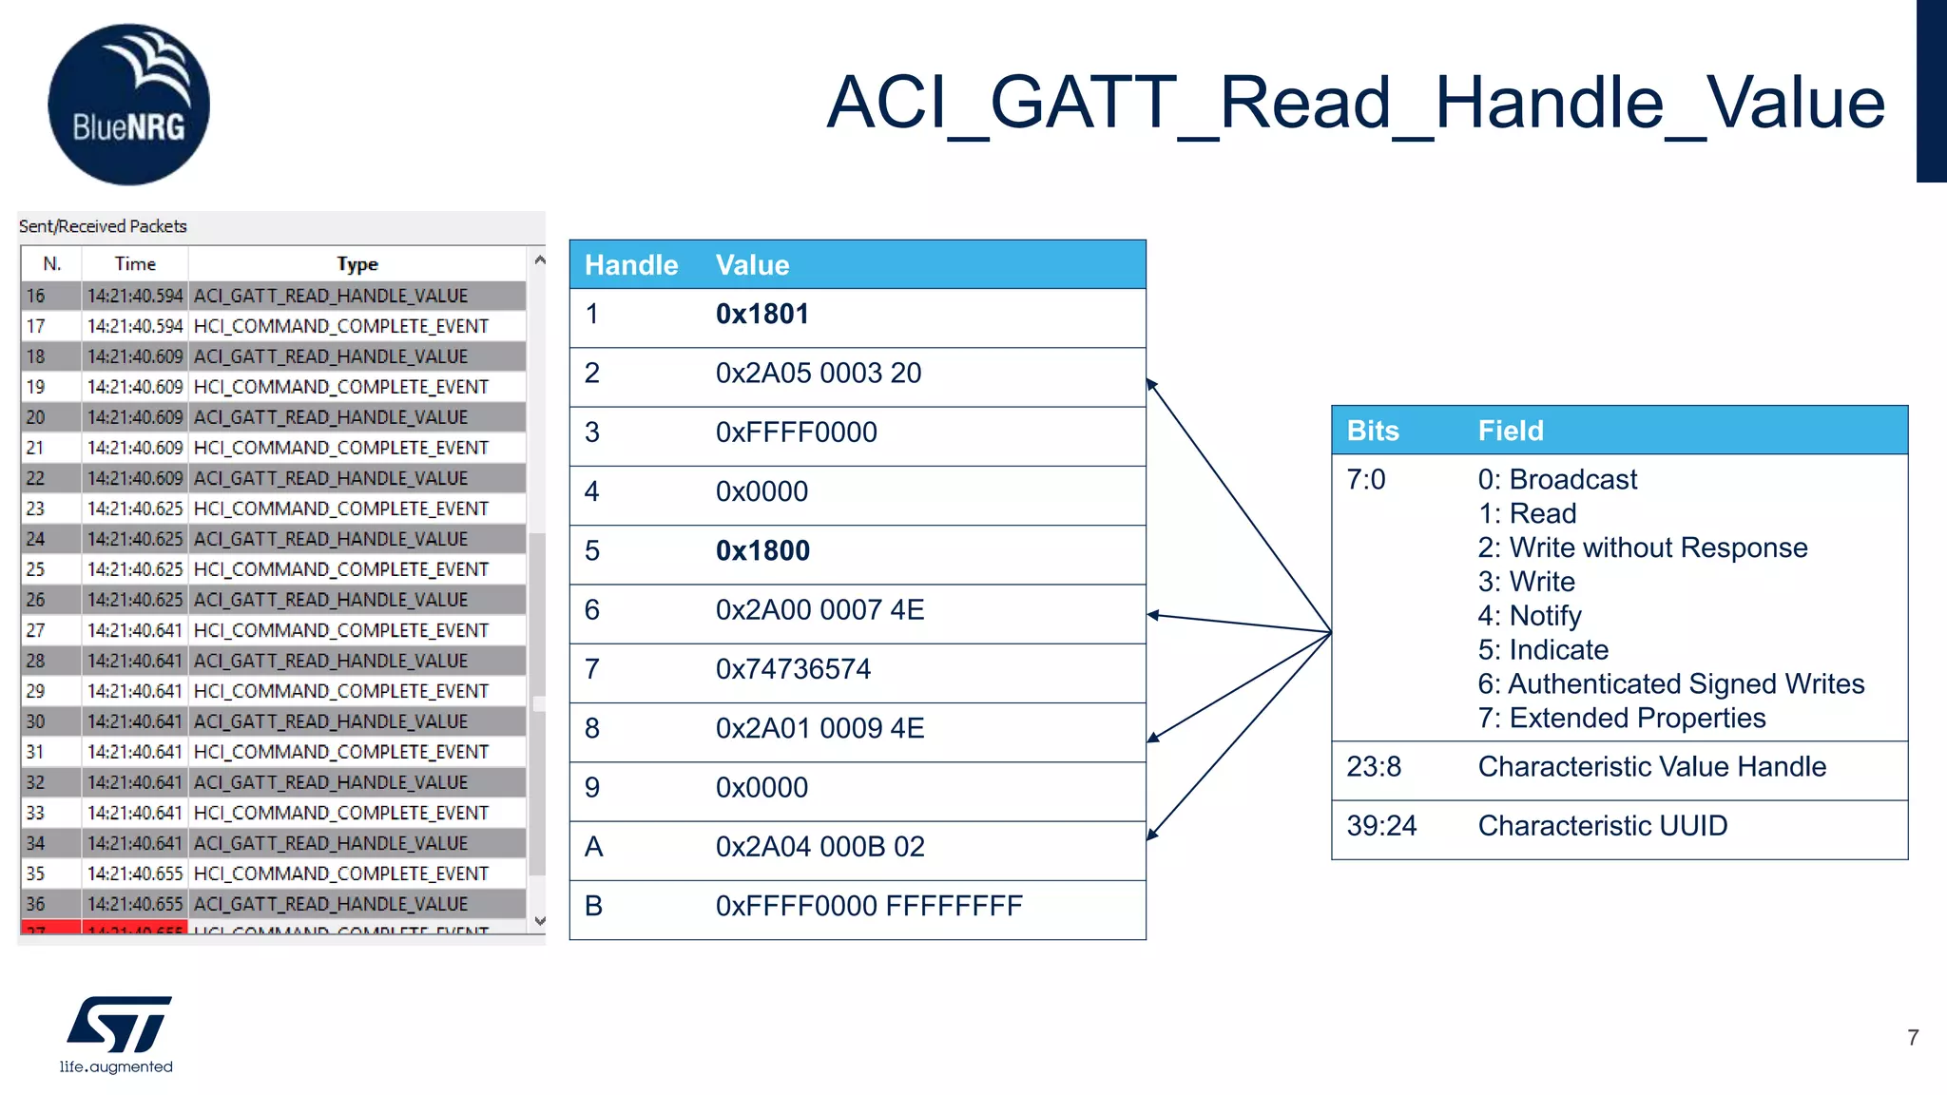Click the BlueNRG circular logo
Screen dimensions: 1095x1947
tap(128, 105)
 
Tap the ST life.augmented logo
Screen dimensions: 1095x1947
tap(118, 1034)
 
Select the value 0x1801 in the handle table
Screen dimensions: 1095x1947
tap(761, 315)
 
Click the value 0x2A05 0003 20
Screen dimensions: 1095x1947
tap(818, 374)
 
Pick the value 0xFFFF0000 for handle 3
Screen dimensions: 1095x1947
tap(796, 432)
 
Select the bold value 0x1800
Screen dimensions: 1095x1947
tap(762, 551)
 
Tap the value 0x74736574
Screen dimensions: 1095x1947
tap(793, 669)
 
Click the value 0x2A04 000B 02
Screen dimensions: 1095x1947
tap(819, 847)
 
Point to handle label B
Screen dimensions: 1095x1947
tap(593, 906)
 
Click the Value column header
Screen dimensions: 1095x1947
tap(752, 265)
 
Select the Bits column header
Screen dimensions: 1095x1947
tap(1372, 431)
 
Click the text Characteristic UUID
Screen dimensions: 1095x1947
tap(1602, 826)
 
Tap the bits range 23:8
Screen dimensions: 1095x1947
tap(1373, 767)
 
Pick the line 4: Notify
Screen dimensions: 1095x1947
tap(1529, 616)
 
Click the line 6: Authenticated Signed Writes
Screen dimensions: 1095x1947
tap(1670, 684)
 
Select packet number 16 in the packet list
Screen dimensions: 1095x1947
tap(36, 296)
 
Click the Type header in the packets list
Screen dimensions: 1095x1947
tap(357, 264)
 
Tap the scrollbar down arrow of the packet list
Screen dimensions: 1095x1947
tap(540, 920)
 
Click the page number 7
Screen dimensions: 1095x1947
tap(1913, 1038)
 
